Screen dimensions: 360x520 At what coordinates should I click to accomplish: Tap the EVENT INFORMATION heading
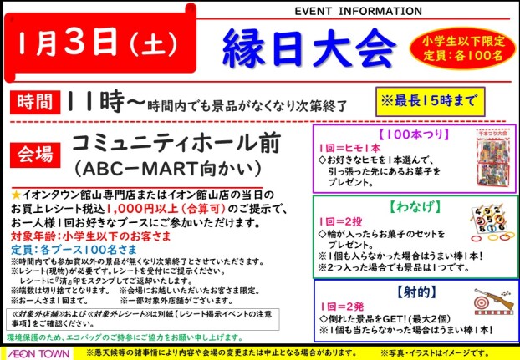[357, 12]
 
